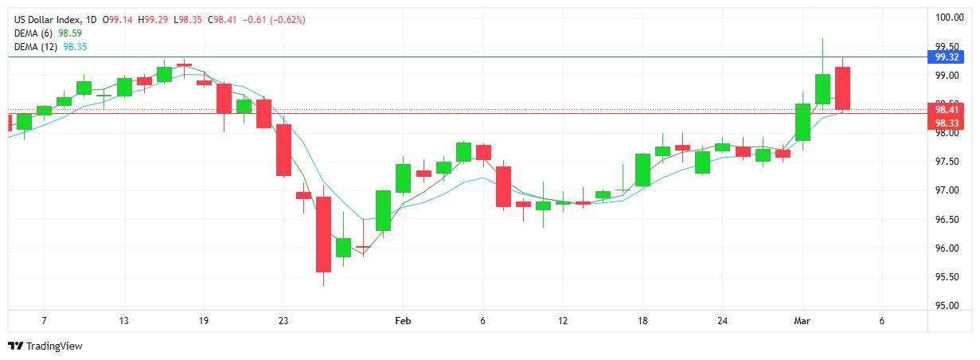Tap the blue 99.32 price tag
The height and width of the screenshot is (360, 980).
point(946,57)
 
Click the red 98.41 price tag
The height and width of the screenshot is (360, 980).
point(946,110)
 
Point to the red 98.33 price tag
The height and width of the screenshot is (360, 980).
point(946,123)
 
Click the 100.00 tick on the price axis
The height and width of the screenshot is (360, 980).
point(948,18)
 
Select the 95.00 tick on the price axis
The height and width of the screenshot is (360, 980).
point(947,306)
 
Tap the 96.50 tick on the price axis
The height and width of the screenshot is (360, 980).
point(947,220)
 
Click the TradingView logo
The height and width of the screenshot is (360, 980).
point(45,346)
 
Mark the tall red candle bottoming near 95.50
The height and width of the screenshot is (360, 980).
point(323,234)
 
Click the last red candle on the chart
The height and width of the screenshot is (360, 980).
point(843,88)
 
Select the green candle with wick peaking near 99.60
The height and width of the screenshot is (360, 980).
point(822,87)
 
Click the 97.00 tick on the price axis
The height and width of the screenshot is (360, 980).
point(947,190)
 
